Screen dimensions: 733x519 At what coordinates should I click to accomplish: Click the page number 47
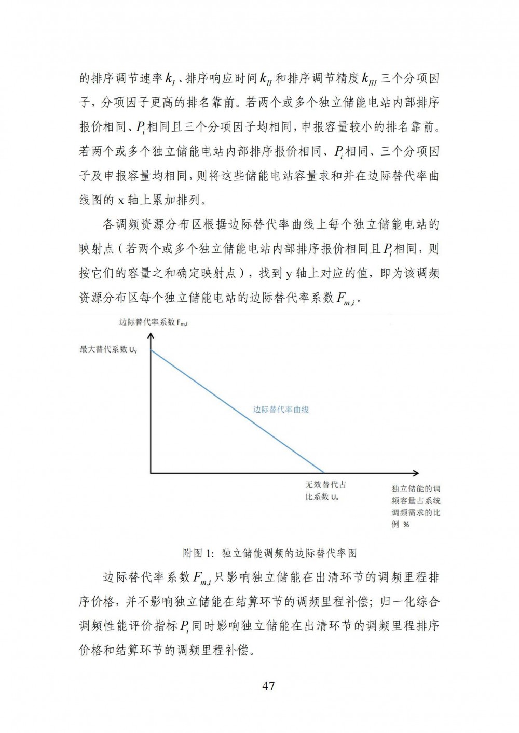(x=268, y=686)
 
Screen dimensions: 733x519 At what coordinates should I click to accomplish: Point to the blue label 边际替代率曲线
(x=281, y=409)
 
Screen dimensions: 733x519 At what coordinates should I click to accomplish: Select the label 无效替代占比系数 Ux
(x=325, y=490)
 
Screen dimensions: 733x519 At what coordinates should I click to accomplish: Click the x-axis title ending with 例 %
(x=416, y=506)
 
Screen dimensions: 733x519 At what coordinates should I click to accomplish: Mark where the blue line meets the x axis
(x=324, y=473)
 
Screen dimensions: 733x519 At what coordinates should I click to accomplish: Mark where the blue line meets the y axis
(x=151, y=351)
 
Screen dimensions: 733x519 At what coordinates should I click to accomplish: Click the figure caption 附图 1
(x=270, y=553)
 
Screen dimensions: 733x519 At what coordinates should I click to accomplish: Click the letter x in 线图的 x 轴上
(x=120, y=200)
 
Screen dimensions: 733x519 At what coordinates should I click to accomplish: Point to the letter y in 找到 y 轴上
(x=289, y=274)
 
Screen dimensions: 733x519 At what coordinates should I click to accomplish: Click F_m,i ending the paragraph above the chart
(x=345, y=299)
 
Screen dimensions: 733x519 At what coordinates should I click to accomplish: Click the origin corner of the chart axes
(x=151, y=473)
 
